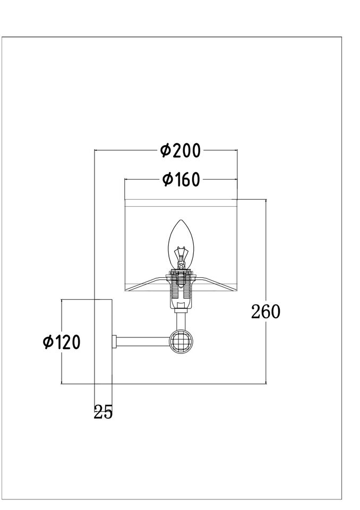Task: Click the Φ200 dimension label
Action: [181, 150]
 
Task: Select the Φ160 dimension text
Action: [181, 179]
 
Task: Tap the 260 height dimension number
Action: [265, 312]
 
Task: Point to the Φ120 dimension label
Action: [62, 342]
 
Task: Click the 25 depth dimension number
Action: [103, 412]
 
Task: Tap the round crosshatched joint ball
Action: [182, 342]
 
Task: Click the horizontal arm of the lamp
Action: [143, 342]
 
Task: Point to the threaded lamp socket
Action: [181, 288]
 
